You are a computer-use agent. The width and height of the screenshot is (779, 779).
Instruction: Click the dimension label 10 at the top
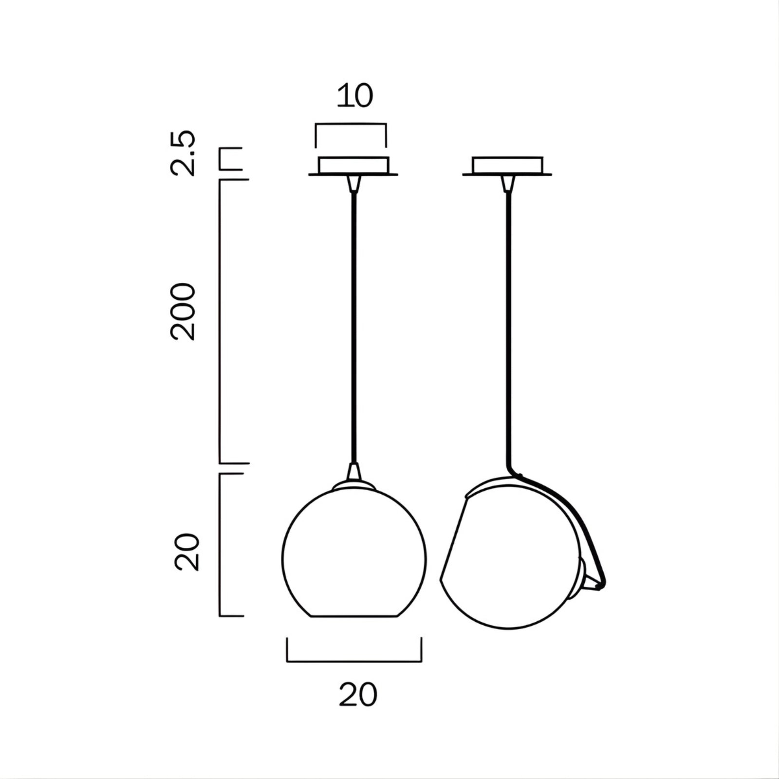355,96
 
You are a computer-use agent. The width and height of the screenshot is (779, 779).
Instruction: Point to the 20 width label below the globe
358,695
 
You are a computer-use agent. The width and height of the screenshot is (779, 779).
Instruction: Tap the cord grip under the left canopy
354,183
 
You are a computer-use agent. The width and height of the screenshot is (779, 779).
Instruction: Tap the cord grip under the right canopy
508,183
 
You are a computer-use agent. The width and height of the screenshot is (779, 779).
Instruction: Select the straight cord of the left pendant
354,321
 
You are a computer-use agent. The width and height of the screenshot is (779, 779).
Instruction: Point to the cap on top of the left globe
354,485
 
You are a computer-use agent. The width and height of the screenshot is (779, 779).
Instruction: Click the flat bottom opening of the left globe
354,616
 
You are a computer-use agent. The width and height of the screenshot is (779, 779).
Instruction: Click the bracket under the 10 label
351,125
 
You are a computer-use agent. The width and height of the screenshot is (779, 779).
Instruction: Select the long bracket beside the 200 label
221,321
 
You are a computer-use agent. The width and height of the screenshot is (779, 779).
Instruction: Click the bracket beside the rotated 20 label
221,545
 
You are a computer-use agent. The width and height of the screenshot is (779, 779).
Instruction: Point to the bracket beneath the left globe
354,661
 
